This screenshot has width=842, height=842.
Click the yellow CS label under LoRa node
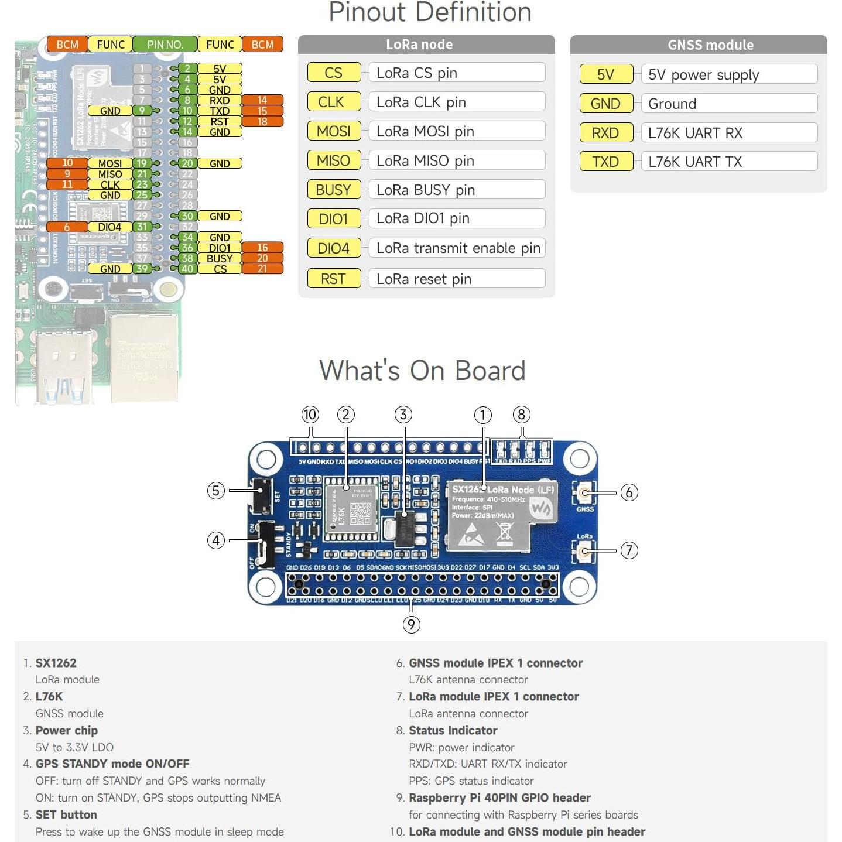334,73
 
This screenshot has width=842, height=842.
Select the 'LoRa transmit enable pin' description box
457,248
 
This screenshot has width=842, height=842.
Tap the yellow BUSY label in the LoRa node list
334,190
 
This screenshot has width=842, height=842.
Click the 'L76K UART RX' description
728,133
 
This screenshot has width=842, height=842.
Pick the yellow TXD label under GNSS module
605,162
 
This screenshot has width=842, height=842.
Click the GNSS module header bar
698,45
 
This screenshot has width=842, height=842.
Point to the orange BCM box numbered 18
262,121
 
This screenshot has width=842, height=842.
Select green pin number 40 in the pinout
187,269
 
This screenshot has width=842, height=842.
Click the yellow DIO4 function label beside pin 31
110,227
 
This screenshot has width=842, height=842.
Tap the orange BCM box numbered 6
67,227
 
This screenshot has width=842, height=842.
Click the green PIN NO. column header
165,45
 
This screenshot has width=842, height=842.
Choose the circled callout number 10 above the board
310,415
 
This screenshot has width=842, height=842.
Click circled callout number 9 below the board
411,625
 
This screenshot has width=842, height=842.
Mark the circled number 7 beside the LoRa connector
629,550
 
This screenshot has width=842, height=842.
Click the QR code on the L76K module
361,514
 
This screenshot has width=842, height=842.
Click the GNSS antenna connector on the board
584,492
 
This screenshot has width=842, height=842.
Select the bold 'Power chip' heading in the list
67,730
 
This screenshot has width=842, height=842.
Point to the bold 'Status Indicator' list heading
453,730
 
